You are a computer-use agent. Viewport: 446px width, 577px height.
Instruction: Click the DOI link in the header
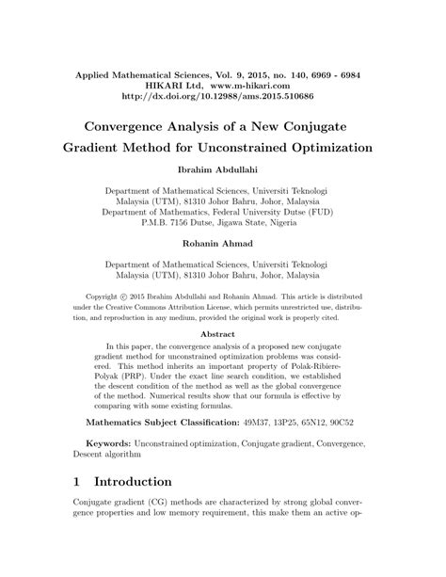[x=224, y=95]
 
